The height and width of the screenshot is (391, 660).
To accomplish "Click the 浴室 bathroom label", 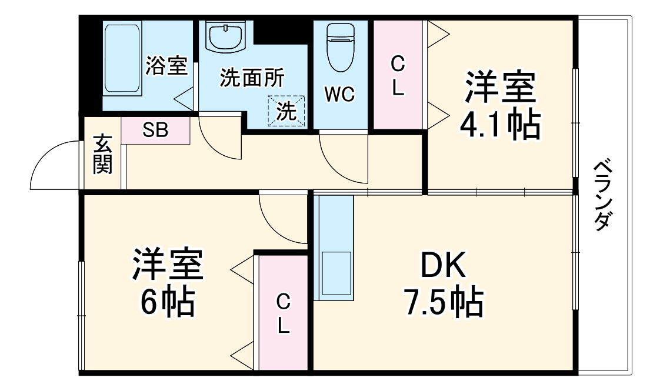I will pyautogui.click(x=166, y=65).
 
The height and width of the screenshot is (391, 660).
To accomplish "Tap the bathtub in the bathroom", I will pyautogui.click(x=122, y=58).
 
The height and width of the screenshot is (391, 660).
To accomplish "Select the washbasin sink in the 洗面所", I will pyautogui.click(x=225, y=37).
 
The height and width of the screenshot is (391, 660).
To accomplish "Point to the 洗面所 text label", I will pyautogui.click(x=252, y=78).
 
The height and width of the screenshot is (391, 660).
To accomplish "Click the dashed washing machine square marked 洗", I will pyautogui.click(x=287, y=111).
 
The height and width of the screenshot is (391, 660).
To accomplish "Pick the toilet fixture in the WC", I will pyautogui.click(x=340, y=47).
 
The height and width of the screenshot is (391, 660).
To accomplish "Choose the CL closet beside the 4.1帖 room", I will pyautogui.click(x=398, y=75).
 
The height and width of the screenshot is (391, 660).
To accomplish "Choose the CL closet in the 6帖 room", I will pyautogui.click(x=283, y=313).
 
